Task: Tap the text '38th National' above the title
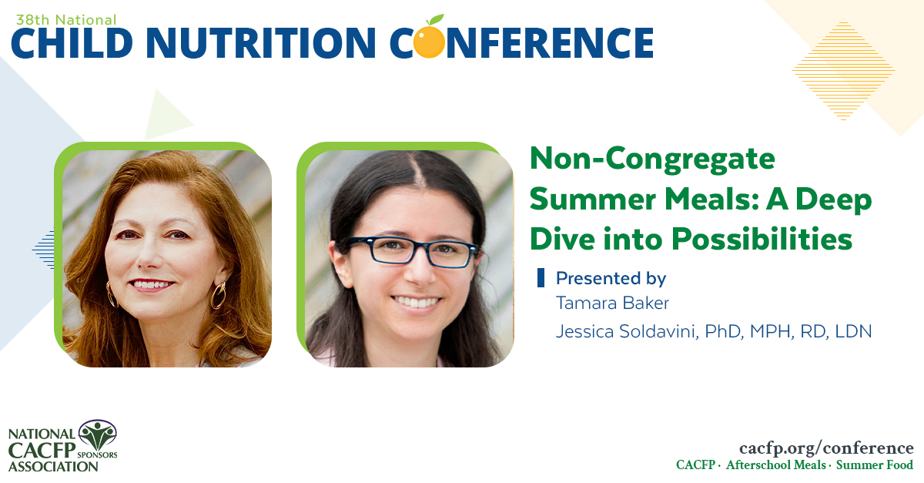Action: tap(64, 19)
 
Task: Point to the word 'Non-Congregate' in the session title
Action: tap(652, 159)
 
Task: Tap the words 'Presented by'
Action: tap(611, 278)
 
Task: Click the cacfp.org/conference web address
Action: tap(826, 448)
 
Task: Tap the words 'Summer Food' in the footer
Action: tap(875, 465)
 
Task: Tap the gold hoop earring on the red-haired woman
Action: tap(219, 294)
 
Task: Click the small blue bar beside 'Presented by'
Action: tap(541, 278)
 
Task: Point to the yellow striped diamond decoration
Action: tap(843, 70)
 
